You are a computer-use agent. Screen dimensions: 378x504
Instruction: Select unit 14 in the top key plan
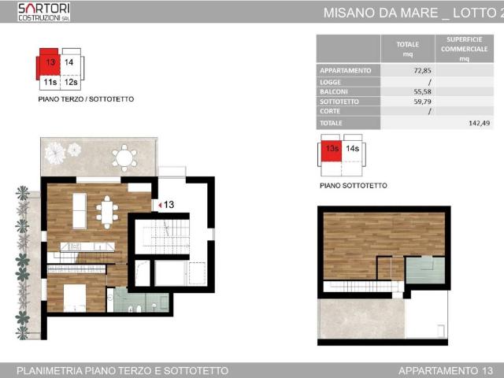tap(70, 63)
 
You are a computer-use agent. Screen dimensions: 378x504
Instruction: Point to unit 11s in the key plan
tap(50, 81)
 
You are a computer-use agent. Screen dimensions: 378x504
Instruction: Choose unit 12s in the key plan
tap(70, 81)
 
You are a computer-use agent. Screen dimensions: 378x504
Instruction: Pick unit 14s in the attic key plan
tap(352, 148)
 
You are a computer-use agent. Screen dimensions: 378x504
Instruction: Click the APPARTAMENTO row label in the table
tap(345, 71)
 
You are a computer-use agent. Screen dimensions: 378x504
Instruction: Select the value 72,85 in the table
tap(420, 71)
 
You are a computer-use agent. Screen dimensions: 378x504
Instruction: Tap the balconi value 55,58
tap(420, 91)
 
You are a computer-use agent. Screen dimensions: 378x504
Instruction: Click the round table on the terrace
tap(124, 157)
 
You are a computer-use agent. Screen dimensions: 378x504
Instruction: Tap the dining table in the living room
tap(107, 210)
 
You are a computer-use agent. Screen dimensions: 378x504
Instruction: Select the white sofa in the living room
tap(79, 210)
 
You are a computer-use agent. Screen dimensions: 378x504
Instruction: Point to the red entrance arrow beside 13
tap(159, 205)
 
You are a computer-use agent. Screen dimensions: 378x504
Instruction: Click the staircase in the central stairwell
tap(161, 236)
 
